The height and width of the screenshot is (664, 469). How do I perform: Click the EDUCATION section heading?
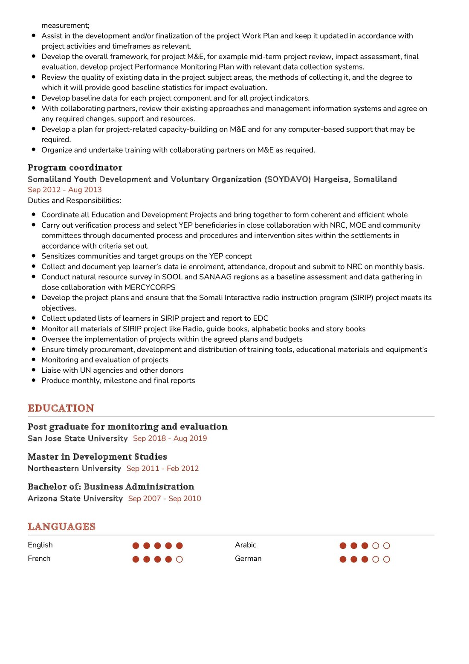click(x=61, y=408)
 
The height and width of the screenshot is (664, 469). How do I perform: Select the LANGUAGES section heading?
click(x=61, y=527)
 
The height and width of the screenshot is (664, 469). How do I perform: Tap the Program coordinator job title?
click(x=75, y=168)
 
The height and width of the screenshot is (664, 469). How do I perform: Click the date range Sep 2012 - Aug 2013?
click(x=65, y=190)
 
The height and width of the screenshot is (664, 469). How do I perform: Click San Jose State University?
click(x=78, y=438)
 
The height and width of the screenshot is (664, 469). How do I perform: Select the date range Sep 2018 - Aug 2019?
click(x=170, y=438)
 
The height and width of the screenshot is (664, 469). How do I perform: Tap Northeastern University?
click(x=74, y=468)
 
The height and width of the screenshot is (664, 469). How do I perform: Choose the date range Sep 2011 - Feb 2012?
click(x=162, y=468)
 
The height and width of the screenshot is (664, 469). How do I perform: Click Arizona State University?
click(x=75, y=499)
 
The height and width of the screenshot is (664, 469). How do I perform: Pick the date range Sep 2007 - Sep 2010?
click(x=165, y=499)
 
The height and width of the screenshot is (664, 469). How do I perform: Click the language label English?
click(x=40, y=545)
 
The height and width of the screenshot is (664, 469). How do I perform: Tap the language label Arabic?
click(x=246, y=545)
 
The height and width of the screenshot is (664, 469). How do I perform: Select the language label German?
click(x=248, y=559)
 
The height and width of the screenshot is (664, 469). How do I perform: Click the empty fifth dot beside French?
click(x=179, y=559)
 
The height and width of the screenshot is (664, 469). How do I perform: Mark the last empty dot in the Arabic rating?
click(x=387, y=545)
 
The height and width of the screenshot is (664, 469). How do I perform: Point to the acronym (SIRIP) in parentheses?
click(x=362, y=298)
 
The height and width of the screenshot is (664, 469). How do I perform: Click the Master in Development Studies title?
click(x=97, y=457)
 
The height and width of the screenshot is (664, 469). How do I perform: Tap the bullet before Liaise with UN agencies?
click(x=34, y=370)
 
